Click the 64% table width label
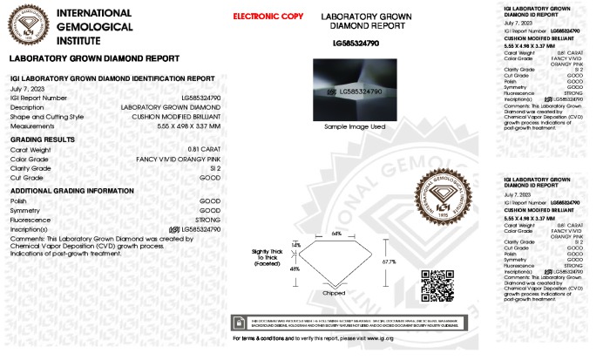click(335, 234)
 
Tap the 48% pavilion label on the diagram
click(295, 269)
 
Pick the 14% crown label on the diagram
click(295, 244)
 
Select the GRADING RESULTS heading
click(42, 139)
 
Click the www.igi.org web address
click(382, 337)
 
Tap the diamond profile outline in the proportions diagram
click(335, 262)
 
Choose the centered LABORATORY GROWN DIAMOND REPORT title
click(354, 22)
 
